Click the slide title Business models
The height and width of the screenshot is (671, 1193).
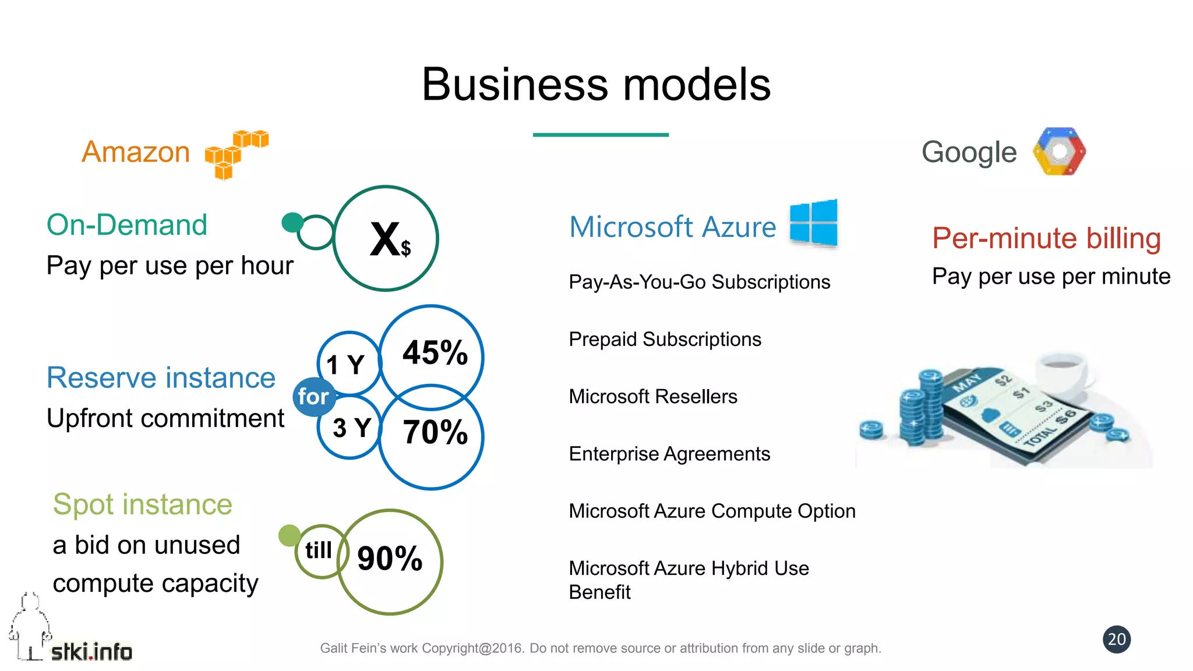(x=596, y=84)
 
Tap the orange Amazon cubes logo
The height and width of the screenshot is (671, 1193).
(x=236, y=154)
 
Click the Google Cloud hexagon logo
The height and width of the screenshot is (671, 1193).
(x=1059, y=151)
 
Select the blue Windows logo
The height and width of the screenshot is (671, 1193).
(x=814, y=223)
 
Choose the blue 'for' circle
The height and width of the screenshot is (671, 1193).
(x=313, y=397)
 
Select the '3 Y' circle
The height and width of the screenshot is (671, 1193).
(x=350, y=429)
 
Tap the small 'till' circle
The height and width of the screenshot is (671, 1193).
(x=319, y=550)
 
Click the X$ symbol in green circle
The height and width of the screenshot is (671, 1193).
(x=387, y=239)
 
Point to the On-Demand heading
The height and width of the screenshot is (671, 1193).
(x=127, y=225)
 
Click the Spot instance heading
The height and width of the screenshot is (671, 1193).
(x=143, y=504)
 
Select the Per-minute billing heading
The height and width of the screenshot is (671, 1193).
(x=1046, y=238)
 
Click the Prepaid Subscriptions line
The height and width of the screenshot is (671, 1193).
(x=665, y=339)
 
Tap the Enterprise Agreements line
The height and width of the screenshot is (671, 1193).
(x=669, y=454)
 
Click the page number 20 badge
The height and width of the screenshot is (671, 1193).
(x=1116, y=640)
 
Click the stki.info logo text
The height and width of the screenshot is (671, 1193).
(x=91, y=652)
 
